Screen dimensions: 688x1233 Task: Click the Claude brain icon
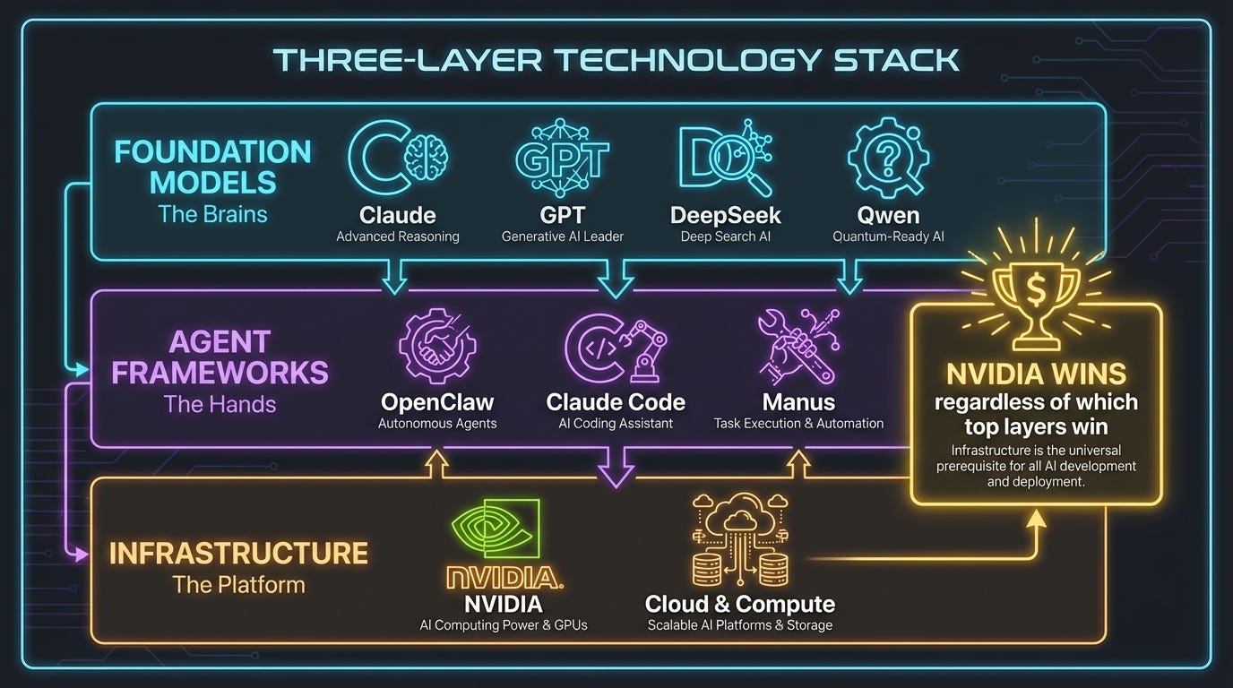[398, 159]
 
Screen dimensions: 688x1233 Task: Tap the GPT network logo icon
[562, 159]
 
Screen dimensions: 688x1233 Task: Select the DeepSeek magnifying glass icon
[726, 159]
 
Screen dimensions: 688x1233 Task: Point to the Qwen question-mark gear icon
[888, 159]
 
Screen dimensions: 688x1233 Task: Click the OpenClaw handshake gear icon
[437, 346]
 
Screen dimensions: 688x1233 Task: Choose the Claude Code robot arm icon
[616, 346]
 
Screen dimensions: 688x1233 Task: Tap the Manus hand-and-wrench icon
[798, 346]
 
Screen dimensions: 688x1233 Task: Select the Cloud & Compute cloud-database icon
[740, 538]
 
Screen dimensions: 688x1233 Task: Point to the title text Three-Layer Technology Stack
[616, 59]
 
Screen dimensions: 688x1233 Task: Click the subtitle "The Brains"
[212, 214]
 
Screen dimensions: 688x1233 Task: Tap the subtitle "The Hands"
[220, 404]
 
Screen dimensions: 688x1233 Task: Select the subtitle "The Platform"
[238, 585]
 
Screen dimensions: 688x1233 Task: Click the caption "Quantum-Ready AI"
[888, 236]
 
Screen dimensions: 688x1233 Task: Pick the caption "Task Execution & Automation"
[798, 423]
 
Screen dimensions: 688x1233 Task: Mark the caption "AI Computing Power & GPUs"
[504, 624]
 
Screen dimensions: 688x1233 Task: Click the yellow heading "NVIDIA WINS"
[1036, 374]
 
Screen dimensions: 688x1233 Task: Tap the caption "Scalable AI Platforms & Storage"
[740, 624]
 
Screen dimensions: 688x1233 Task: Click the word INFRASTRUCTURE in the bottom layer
[238, 553]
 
